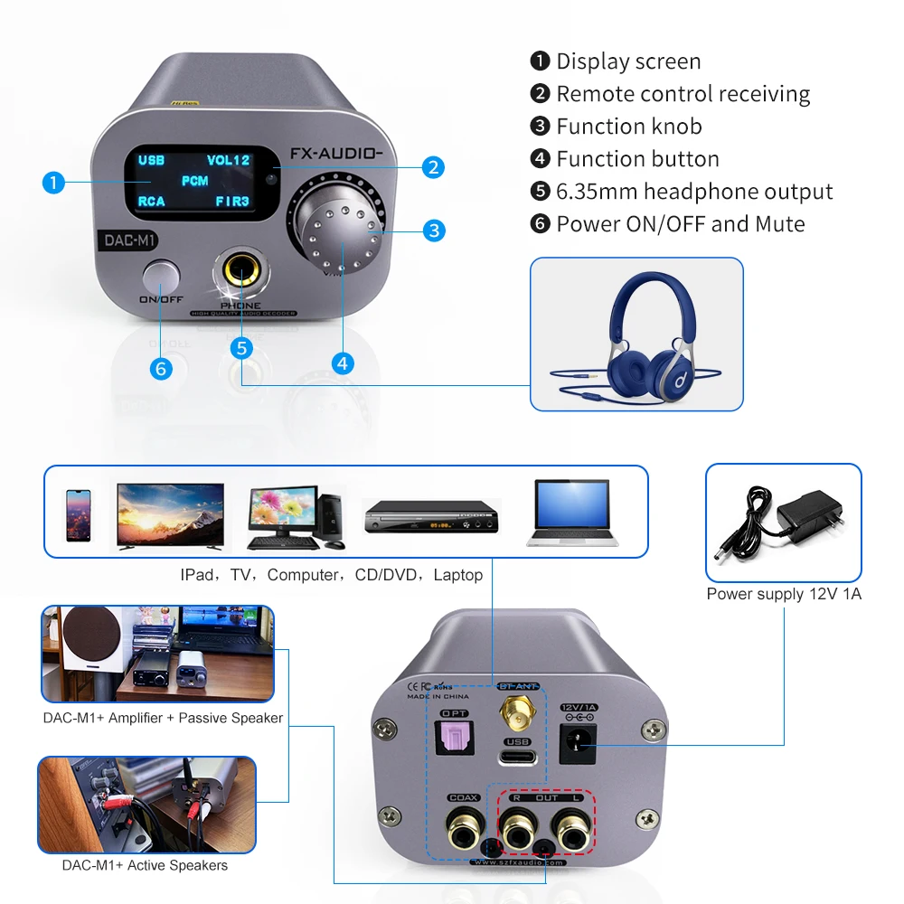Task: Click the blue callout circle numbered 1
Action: pyautogui.click(x=54, y=183)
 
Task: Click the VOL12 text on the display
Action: pyautogui.click(x=228, y=160)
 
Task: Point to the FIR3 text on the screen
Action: pyautogui.click(x=232, y=201)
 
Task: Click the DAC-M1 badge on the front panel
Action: pyautogui.click(x=126, y=241)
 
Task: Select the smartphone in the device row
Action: pyautogui.click(x=78, y=515)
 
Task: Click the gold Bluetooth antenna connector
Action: pyautogui.click(x=518, y=712)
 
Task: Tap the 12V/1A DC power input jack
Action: pyautogui.click(x=577, y=744)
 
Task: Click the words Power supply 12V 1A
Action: pyautogui.click(x=783, y=594)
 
